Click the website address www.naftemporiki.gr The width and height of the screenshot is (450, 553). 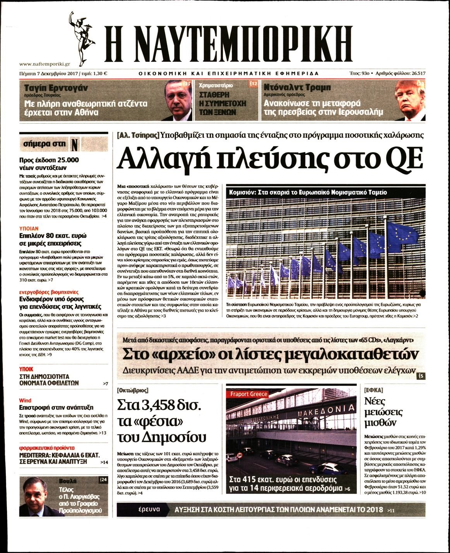click(x=44, y=64)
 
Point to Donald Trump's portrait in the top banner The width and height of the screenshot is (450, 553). click(x=410, y=100)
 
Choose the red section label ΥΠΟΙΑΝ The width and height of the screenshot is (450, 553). click(x=29, y=229)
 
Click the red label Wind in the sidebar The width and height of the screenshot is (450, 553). click(x=25, y=400)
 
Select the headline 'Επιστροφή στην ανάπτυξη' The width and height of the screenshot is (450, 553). click(x=56, y=407)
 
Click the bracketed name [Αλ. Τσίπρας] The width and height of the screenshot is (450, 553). click(x=138, y=135)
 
